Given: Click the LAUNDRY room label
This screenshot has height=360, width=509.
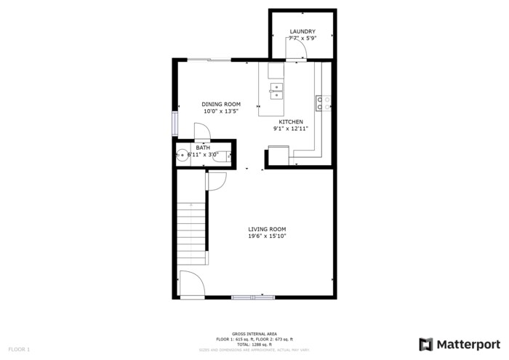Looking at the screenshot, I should pyautogui.click(x=302, y=31).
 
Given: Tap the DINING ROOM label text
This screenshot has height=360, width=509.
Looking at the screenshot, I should pyautogui.click(x=221, y=104).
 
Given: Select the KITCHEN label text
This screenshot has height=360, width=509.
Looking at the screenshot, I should pyautogui.click(x=291, y=121).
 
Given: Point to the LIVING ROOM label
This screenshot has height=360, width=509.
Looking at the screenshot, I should pyautogui.click(x=267, y=228).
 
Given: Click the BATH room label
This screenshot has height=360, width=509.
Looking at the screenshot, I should pyautogui.click(x=203, y=148).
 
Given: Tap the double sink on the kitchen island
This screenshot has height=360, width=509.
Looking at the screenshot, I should pyautogui.click(x=276, y=90).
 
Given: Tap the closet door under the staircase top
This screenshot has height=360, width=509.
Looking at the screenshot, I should pyautogui.click(x=215, y=181).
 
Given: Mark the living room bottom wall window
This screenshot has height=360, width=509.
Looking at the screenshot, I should pyautogui.click(x=252, y=296).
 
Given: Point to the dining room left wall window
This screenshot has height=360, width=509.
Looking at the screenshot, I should pyautogui.click(x=174, y=124).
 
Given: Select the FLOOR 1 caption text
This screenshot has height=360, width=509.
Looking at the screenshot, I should pyautogui.click(x=20, y=350).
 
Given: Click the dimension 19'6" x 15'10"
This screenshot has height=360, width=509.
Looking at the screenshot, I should pyautogui.click(x=267, y=236).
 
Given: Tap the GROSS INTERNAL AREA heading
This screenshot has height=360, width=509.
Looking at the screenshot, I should pyautogui.click(x=254, y=333).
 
